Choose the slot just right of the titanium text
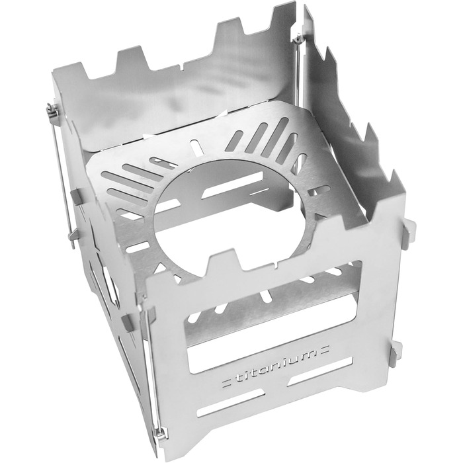(320, 371)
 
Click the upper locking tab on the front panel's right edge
(408, 230)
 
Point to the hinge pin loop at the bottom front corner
(160, 434)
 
